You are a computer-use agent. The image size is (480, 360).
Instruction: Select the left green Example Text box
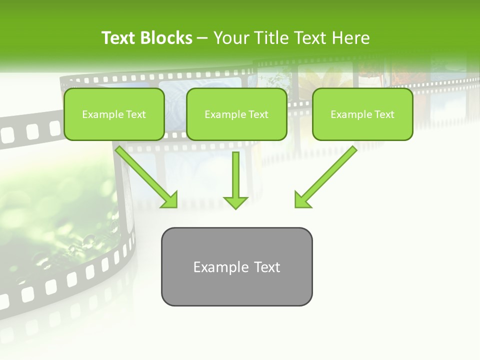coord(114,114)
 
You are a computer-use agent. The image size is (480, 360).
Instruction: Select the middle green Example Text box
coord(236,114)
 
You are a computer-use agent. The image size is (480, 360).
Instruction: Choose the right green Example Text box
coord(362,114)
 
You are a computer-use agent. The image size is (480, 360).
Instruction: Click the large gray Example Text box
coord(236,267)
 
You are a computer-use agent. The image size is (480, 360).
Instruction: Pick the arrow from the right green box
coord(327,175)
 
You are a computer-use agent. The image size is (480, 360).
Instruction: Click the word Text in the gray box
coord(267,267)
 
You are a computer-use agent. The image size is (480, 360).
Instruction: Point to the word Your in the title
coord(231,38)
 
